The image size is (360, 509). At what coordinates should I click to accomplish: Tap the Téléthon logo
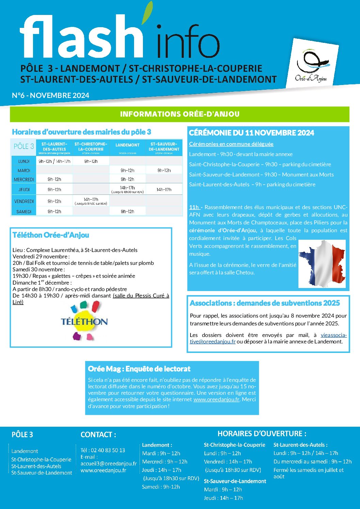84,321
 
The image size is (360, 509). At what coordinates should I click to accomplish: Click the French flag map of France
322,264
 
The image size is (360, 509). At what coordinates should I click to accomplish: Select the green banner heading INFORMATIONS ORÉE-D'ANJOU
180,114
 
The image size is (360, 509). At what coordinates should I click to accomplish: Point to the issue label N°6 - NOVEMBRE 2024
50,96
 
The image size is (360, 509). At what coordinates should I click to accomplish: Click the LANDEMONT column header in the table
127,145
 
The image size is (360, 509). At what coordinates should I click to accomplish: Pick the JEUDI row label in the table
24,190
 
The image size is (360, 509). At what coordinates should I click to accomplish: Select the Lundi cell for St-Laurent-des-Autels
54,162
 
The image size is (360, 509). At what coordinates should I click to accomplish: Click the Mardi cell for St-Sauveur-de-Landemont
164,170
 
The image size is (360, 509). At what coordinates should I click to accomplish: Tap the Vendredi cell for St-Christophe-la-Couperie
91,201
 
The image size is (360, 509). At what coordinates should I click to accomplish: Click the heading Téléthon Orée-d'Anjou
51,235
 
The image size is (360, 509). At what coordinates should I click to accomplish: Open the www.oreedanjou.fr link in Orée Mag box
216,400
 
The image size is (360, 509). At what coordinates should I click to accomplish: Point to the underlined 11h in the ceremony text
194,207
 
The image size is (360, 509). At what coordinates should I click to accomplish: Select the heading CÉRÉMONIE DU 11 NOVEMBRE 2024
251,133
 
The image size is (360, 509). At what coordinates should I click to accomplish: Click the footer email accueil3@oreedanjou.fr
109,463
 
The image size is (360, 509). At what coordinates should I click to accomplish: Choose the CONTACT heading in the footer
98,435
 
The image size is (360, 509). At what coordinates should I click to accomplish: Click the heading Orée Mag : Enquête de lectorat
139,369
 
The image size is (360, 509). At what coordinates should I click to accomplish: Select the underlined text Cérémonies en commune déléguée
231,144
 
